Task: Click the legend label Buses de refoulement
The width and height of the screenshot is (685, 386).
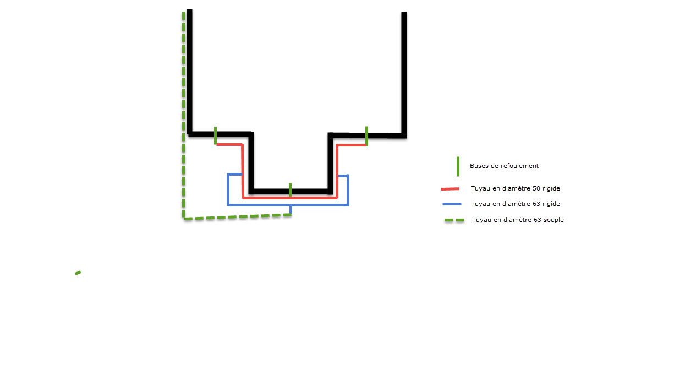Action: (x=504, y=166)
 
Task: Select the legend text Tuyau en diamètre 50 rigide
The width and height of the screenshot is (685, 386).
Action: (x=515, y=188)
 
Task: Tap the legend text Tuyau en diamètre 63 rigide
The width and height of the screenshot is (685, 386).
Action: (x=515, y=204)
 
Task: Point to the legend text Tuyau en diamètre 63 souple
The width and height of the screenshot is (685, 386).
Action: (x=517, y=220)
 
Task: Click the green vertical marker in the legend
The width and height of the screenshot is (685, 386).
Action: (x=458, y=166)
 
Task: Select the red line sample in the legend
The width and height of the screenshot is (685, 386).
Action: (x=450, y=189)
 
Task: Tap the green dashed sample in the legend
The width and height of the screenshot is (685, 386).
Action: (x=455, y=220)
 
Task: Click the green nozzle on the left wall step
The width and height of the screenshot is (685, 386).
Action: (x=215, y=135)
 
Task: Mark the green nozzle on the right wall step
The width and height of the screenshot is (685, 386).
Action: (x=366, y=135)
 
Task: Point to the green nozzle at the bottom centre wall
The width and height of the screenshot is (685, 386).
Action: (x=290, y=189)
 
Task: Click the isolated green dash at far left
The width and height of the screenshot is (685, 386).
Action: (x=78, y=273)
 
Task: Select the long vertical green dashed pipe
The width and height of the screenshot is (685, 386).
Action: (x=183, y=110)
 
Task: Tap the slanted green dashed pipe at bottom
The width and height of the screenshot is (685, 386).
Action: (x=237, y=217)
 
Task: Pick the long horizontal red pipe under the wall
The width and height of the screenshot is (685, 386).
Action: (x=290, y=197)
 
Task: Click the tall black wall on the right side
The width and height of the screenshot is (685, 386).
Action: (x=404, y=72)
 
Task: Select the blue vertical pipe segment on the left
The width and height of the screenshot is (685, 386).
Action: (x=228, y=189)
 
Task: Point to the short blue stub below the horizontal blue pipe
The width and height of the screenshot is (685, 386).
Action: (x=291, y=209)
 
